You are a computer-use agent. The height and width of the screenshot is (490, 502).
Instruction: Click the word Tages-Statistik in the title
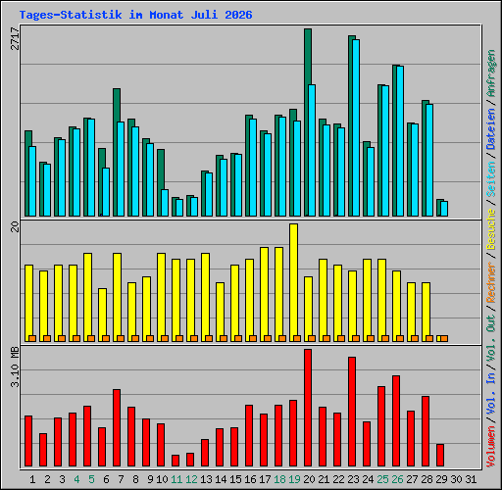(x=71, y=15)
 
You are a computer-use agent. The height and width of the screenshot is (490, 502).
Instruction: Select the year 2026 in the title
(x=238, y=15)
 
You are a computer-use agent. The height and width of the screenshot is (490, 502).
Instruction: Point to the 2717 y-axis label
(x=15, y=38)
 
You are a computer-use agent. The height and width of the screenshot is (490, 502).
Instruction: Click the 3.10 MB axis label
(x=15, y=367)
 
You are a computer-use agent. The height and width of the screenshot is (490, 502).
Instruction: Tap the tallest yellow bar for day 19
(x=293, y=282)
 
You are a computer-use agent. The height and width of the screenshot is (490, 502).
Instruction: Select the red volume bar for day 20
(x=308, y=408)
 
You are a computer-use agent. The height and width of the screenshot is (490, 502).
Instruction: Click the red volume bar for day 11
(x=176, y=461)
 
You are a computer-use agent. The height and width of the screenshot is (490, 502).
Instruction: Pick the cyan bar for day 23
(x=356, y=127)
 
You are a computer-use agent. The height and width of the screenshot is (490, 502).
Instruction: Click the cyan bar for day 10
(x=165, y=203)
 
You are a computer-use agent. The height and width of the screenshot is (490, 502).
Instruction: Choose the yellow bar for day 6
(x=102, y=315)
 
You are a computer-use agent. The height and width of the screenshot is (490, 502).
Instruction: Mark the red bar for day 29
(x=440, y=455)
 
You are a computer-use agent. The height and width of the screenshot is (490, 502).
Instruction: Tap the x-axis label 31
(x=471, y=479)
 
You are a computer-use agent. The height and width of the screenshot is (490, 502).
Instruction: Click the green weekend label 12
(x=191, y=479)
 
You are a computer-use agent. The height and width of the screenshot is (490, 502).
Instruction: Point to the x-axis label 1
(x=32, y=479)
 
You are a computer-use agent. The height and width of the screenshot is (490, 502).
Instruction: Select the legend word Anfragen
(x=491, y=73)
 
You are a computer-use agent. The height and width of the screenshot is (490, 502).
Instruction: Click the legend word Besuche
(x=491, y=229)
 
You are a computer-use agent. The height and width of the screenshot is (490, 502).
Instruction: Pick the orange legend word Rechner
(x=491, y=282)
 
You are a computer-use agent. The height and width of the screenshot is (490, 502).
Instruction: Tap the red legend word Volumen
(x=491, y=447)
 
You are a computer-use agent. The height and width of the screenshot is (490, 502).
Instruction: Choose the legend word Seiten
(x=491, y=179)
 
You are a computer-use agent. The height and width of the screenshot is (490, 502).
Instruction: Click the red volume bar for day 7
(x=117, y=427)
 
